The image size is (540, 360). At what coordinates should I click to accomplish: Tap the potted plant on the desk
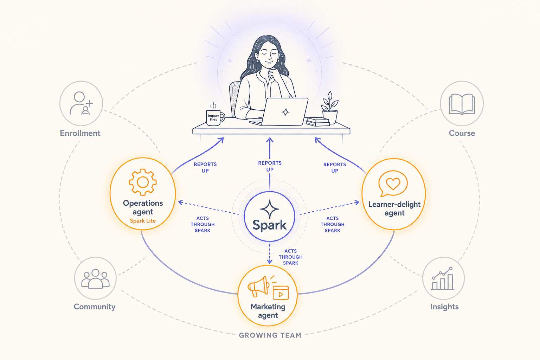pyautogui.click(x=330, y=108)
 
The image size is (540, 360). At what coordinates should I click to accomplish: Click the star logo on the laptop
pyautogui.click(x=285, y=112)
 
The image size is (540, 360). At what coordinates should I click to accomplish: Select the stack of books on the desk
pyautogui.click(x=318, y=122)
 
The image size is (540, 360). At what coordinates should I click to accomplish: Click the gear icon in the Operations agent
pyautogui.click(x=143, y=182)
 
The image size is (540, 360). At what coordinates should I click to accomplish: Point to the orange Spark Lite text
pyautogui.click(x=143, y=221)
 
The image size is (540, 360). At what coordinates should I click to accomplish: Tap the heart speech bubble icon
pyautogui.click(x=393, y=183)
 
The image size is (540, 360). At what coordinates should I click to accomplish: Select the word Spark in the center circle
pyautogui.click(x=270, y=225)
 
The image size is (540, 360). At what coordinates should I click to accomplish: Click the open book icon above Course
pyautogui.click(x=462, y=104)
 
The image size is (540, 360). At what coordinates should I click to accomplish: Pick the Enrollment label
pyautogui.click(x=80, y=133)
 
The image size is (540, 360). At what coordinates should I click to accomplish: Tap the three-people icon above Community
pyautogui.click(x=96, y=279)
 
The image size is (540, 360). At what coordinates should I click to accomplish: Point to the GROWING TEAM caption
pyautogui.click(x=270, y=335)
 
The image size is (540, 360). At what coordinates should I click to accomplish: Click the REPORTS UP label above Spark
pyautogui.click(x=270, y=166)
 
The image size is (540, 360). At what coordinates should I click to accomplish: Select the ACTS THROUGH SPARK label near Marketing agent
pyautogui.click(x=290, y=257)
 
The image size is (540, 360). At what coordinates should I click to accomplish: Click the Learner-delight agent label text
pyautogui.click(x=394, y=208)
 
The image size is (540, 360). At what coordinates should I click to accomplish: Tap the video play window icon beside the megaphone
pyautogui.click(x=281, y=293)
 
